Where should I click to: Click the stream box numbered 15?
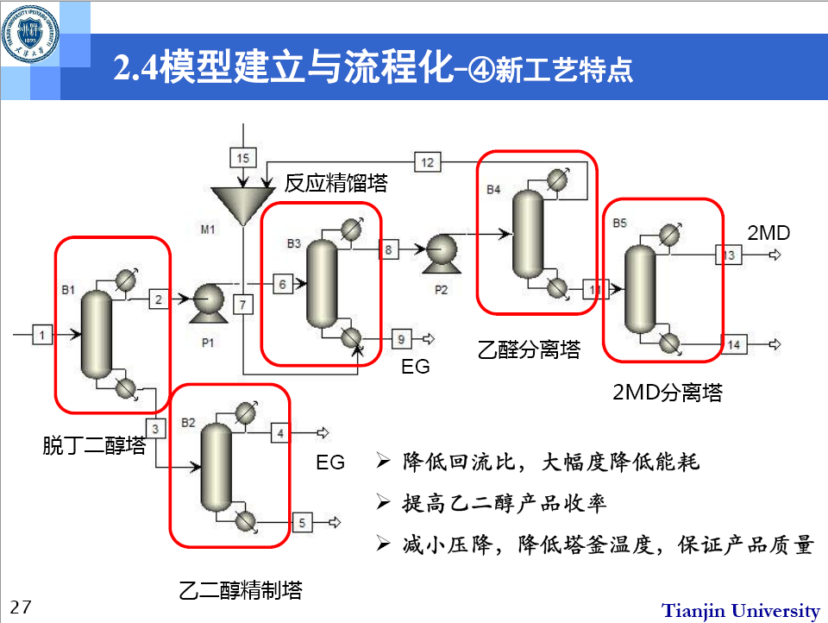(243, 157)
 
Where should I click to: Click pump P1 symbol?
(207, 300)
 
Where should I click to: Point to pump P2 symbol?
(440, 250)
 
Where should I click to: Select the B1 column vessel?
(97, 335)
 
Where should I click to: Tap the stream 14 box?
(733, 344)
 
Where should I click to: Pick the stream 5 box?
(302, 521)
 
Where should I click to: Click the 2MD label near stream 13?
(768, 232)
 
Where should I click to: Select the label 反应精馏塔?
(336, 183)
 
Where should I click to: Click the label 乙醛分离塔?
(529, 349)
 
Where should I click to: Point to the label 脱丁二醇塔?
(94, 446)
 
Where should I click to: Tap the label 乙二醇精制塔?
(241, 591)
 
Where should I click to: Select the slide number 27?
(21, 607)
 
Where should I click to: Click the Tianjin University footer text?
(740, 610)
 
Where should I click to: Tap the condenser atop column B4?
(559, 178)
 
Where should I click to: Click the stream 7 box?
(244, 305)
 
